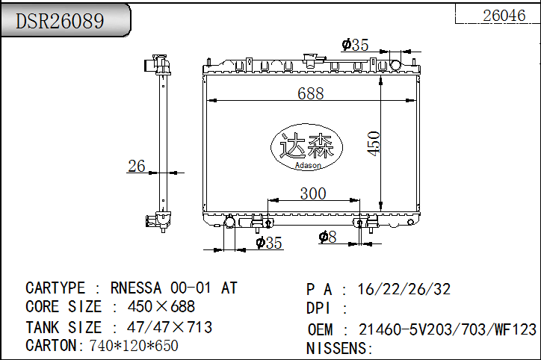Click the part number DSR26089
(x=61, y=21)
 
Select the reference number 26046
(x=504, y=15)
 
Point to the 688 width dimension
(x=310, y=93)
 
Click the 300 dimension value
(x=312, y=193)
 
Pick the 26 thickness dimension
(x=136, y=167)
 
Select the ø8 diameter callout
(x=327, y=237)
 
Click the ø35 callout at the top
(x=355, y=45)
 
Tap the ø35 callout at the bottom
(x=268, y=242)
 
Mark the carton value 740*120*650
(x=134, y=346)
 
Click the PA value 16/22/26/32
(x=404, y=290)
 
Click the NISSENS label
(x=339, y=348)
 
